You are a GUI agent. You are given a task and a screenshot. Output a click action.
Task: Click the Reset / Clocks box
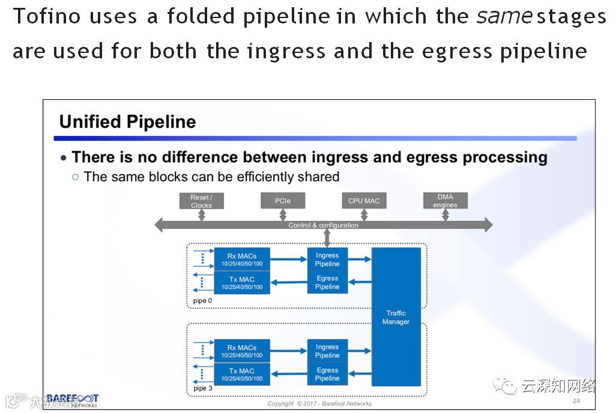tap(201, 201)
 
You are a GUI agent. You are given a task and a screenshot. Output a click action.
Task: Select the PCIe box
tap(283, 201)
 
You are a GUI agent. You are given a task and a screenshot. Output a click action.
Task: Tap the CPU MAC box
tap(364, 201)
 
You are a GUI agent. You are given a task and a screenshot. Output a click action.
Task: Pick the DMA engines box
tap(445, 201)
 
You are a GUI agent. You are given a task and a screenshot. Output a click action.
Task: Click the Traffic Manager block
tap(396, 317)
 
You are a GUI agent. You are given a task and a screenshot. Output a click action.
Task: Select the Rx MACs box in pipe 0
tap(242, 260)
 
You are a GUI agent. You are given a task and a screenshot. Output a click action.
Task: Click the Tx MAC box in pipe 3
tap(242, 375)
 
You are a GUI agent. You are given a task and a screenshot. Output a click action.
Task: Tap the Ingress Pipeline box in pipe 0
tap(327, 260)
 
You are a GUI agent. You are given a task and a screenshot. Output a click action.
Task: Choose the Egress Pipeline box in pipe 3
tap(327, 375)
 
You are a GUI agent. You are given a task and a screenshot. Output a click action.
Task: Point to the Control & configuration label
tap(323, 225)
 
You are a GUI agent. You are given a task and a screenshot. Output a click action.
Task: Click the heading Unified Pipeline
tap(127, 122)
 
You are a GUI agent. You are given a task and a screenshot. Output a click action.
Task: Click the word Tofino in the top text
tap(47, 16)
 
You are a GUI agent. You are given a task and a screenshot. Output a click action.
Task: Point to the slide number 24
tap(576, 401)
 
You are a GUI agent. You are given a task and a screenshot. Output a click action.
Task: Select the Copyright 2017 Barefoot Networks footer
tap(319, 403)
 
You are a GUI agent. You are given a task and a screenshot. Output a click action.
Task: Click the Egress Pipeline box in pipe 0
tap(327, 283)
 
